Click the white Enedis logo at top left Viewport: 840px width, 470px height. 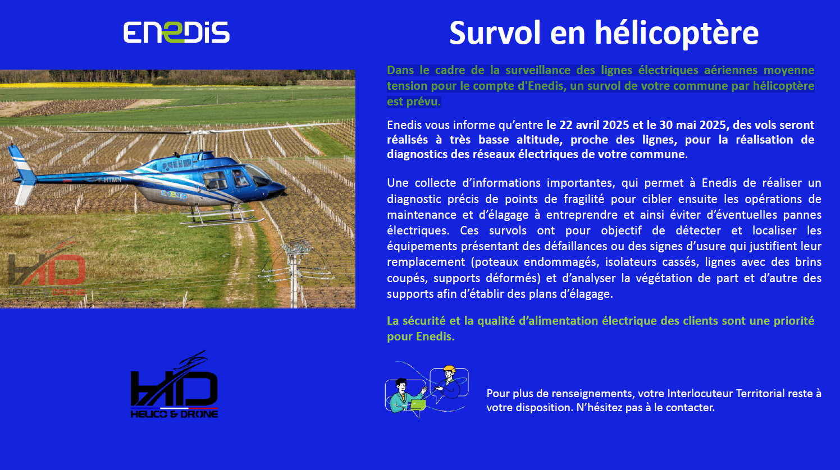pos(176,32)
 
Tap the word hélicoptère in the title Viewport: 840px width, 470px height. pos(677,34)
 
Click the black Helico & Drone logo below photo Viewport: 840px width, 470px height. pos(175,384)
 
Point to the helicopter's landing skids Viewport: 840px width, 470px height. pos(222,217)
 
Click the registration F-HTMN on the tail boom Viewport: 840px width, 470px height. pos(109,180)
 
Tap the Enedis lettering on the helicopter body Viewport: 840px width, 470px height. pos(174,195)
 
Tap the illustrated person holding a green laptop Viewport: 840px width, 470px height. pos(405,397)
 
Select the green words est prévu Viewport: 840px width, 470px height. pos(414,102)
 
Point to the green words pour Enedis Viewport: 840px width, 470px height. pos(421,337)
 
